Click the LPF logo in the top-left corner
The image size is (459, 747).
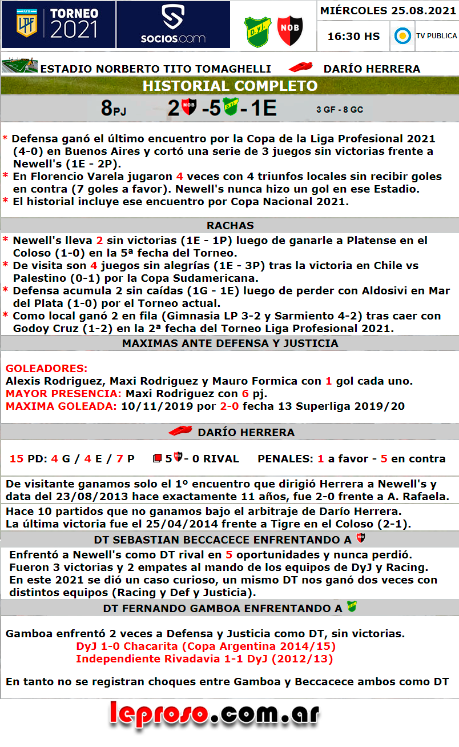tap(25, 23)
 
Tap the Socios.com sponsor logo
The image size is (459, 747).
tap(173, 25)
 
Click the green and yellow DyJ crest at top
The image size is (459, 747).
tap(257, 30)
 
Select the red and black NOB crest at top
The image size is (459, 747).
tap(290, 30)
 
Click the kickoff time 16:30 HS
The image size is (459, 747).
tap(353, 36)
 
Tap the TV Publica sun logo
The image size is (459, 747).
tap(403, 36)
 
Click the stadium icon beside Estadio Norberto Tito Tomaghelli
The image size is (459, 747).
tap(19, 66)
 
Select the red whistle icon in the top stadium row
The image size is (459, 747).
tap(301, 67)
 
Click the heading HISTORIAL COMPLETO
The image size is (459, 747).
tap(230, 86)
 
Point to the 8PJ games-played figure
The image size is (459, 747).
tap(114, 108)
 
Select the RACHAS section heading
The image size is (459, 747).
tap(230, 225)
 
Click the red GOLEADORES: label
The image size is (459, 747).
tap(46, 368)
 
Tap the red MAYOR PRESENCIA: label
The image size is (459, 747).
tap(63, 393)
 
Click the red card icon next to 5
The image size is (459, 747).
tap(157, 458)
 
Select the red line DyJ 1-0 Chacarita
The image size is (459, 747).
tap(206, 646)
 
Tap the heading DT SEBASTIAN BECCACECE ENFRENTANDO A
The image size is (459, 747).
tap(223, 540)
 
